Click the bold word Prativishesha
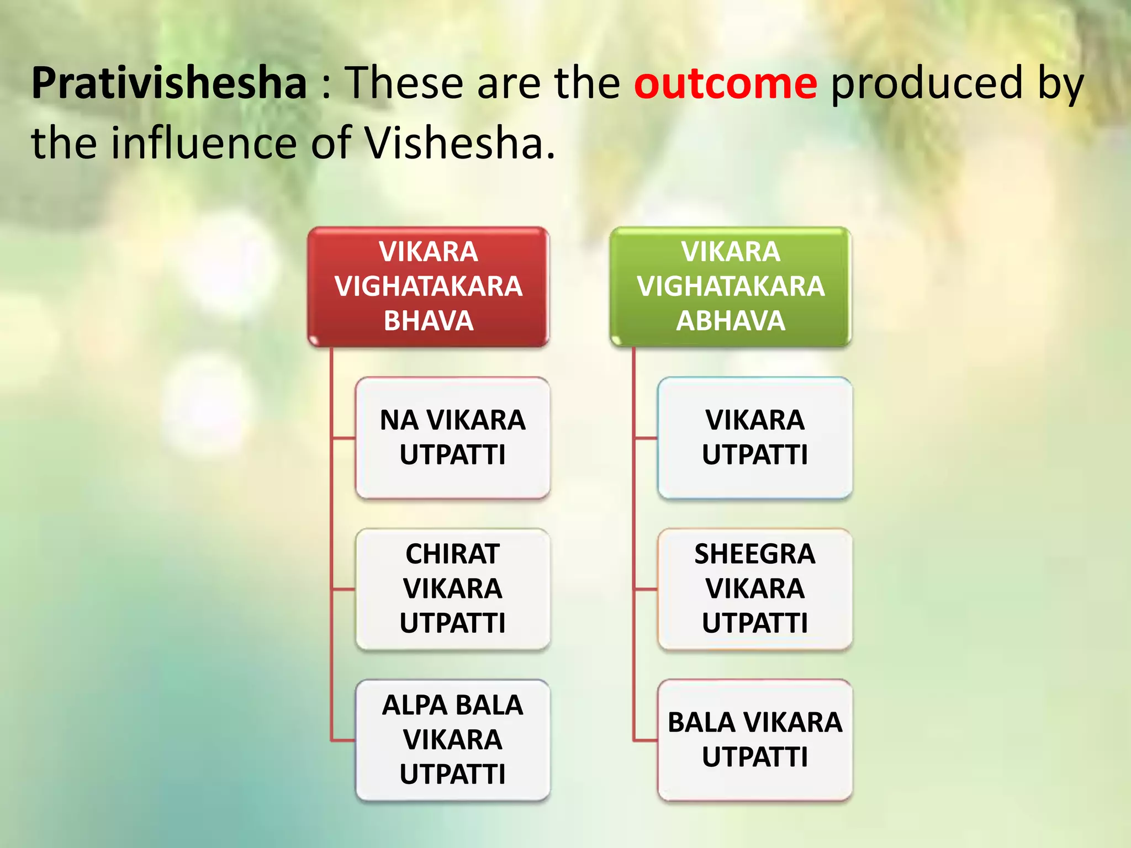[169, 83]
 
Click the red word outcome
[725, 83]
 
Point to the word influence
[204, 142]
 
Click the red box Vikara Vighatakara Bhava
[429, 286]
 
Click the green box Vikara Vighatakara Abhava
[731, 286]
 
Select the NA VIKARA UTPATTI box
[453, 438]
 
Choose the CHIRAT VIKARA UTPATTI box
[453, 589]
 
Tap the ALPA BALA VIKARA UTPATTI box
[453, 740]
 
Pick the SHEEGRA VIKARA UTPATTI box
[755, 589]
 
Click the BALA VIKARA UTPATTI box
[755, 740]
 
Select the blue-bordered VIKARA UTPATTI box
[755, 438]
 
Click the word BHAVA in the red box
[429, 321]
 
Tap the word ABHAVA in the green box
[731, 321]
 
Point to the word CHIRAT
[453, 554]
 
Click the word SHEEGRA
[755, 554]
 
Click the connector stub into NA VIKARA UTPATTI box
[343, 438]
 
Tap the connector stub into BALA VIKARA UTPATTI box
[646, 740]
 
